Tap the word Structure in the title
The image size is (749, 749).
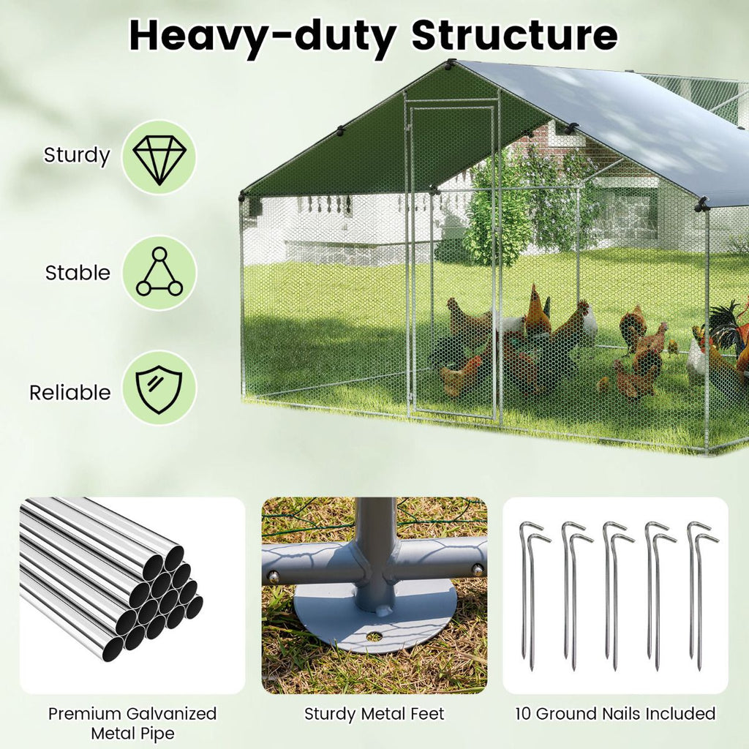(x=514, y=34)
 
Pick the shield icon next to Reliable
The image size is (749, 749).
(x=159, y=387)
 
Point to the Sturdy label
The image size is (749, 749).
(x=77, y=156)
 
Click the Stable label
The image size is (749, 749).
(x=78, y=273)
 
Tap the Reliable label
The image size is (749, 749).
(x=69, y=392)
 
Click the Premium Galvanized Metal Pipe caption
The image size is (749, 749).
(x=132, y=723)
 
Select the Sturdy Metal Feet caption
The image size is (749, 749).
(x=374, y=714)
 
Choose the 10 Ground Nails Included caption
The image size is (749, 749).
(x=615, y=714)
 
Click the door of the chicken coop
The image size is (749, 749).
(x=453, y=263)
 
